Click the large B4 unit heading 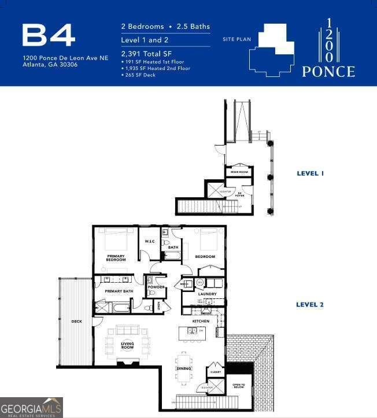[x=49, y=35]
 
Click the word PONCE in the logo [x=328, y=72]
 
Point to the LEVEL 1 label [x=310, y=173]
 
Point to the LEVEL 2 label [x=310, y=304]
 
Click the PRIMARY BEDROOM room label [x=116, y=257]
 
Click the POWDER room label [x=156, y=287]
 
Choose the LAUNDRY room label [x=207, y=294]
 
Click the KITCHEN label [x=201, y=321]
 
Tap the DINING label [x=184, y=368]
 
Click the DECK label [x=76, y=321]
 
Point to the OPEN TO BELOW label [x=239, y=386]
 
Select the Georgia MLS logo [x=31, y=407]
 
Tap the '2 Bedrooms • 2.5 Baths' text [x=165, y=27]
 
